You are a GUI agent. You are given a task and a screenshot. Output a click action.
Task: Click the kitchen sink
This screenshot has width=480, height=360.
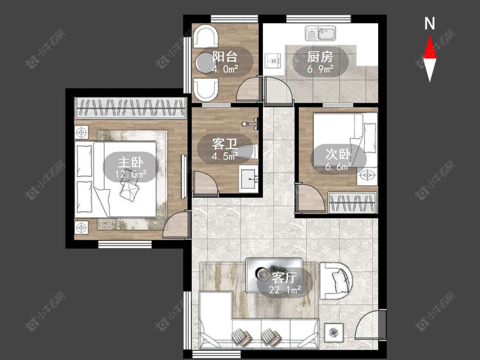point(320,33)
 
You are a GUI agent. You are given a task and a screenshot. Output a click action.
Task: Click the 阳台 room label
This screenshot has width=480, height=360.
point(225,57)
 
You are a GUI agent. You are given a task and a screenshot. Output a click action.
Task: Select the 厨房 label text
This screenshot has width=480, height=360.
point(320,57)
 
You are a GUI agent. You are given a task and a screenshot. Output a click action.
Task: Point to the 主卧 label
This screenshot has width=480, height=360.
point(131,162)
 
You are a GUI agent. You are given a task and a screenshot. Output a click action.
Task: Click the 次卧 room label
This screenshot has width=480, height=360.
point(338,154)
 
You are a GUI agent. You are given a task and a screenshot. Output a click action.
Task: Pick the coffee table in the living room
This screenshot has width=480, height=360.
point(274,275)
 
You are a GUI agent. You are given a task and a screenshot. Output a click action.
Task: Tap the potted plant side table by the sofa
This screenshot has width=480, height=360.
point(333,332)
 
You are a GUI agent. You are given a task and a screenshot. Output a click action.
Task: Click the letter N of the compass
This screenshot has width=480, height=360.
point(430,23)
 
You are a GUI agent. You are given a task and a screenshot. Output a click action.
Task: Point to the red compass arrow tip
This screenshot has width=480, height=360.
point(430,35)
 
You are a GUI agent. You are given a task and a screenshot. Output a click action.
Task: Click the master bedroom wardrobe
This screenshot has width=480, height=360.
point(131,108)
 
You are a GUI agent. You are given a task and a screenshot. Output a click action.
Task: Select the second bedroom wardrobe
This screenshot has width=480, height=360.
point(352,203)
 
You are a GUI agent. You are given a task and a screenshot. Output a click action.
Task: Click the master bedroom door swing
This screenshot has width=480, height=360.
point(175,224)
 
